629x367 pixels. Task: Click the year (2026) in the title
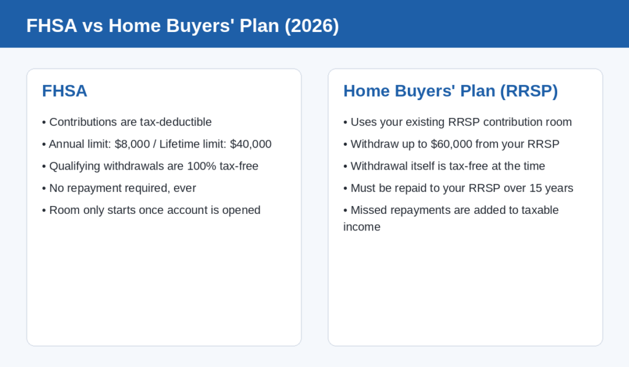(x=311, y=26)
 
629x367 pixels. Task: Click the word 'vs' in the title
(x=93, y=26)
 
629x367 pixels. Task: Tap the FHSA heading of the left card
(x=64, y=91)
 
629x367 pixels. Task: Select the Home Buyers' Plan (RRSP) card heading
(x=450, y=91)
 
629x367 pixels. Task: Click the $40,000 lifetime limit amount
(x=251, y=144)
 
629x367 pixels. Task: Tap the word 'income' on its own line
(x=362, y=227)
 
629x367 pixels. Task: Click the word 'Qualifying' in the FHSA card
(x=74, y=166)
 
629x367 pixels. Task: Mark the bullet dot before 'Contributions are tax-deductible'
(x=44, y=122)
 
